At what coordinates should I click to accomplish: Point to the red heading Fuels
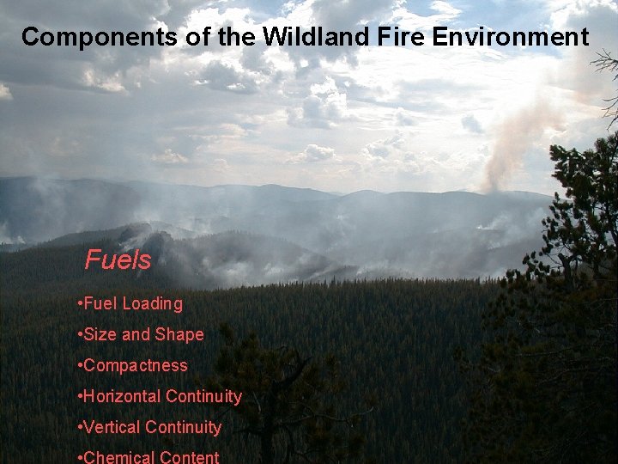click(x=118, y=259)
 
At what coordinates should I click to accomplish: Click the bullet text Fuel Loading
click(x=130, y=303)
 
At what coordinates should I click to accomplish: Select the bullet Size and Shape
click(x=140, y=334)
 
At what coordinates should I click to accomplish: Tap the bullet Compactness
click(x=132, y=365)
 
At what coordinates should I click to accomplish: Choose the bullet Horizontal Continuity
click(x=159, y=396)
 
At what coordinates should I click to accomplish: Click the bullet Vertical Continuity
click(x=148, y=427)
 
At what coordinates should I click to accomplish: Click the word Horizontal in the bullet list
click(x=122, y=396)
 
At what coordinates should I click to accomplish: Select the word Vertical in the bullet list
click(x=112, y=427)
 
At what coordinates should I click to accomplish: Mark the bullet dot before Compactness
click(x=79, y=365)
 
